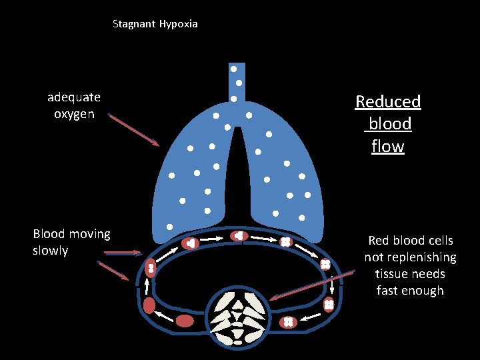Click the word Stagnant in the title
pyautogui.click(x=134, y=24)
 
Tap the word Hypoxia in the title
pyautogui.click(x=178, y=24)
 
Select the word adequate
pyautogui.click(x=74, y=97)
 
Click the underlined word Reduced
pyautogui.click(x=388, y=102)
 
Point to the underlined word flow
pyautogui.click(x=388, y=146)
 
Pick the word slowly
pyautogui.click(x=51, y=251)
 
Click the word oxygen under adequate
pyautogui.click(x=74, y=114)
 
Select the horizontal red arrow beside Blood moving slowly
pyautogui.click(x=123, y=253)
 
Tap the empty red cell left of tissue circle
pyautogui.click(x=185, y=321)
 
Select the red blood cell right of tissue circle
pyautogui.click(x=288, y=322)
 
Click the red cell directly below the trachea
pyautogui.click(x=239, y=236)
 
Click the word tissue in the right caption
pyautogui.click(x=391, y=274)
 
